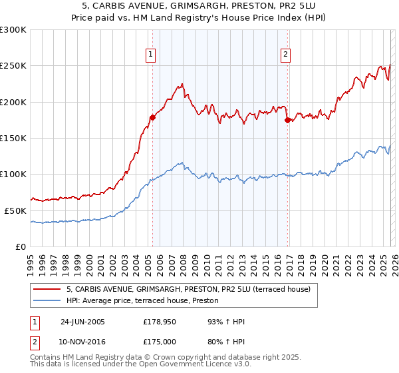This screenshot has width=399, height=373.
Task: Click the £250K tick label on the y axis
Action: point(13,66)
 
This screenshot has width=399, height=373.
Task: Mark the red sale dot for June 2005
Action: point(153,117)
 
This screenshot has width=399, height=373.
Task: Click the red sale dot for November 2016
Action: point(287,121)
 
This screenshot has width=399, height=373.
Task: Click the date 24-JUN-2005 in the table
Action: point(83,322)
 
